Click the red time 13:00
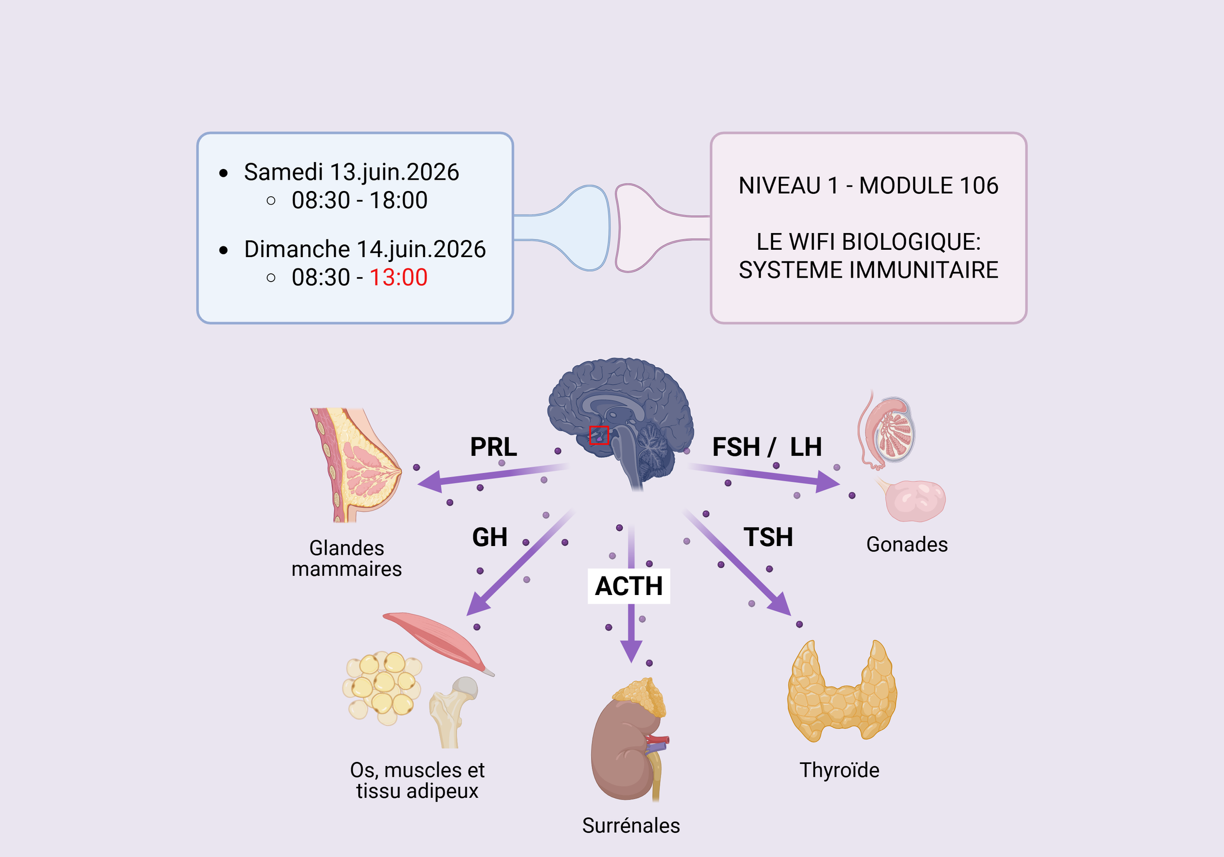398,277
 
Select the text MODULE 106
928,186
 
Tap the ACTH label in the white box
629,586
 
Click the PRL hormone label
493,447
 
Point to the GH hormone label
490,537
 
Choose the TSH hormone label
768,537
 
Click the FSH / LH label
767,447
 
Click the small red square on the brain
599,435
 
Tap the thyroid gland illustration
842,693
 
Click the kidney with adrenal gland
629,741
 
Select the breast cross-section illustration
354,464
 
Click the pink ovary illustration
914,500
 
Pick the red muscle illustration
434,637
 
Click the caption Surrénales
631,826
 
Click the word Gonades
906,545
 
